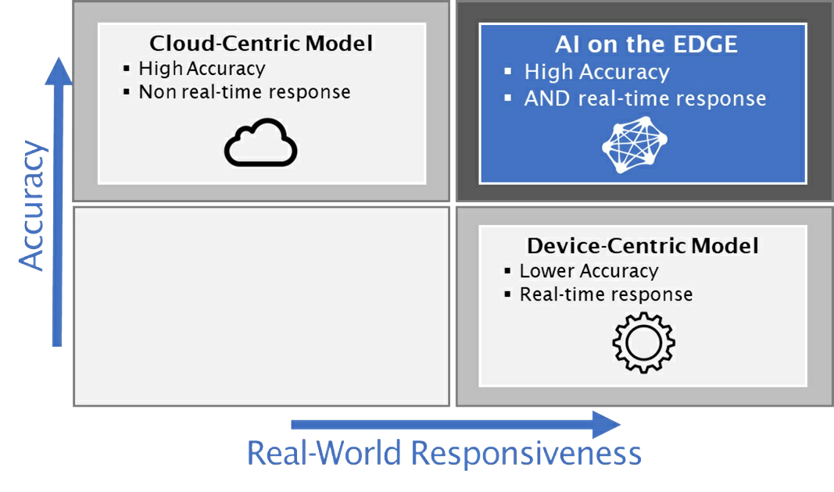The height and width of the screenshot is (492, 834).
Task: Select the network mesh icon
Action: pos(635,145)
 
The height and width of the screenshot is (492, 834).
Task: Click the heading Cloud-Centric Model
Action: pos(260,44)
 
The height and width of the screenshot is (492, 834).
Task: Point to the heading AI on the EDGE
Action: pos(646,45)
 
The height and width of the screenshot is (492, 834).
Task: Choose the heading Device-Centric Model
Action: pos(643,246)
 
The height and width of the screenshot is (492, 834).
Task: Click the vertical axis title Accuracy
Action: pos(32,205)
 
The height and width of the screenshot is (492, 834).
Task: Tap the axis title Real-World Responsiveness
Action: pos(444,453)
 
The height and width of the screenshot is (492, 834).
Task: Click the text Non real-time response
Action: pos(245,92)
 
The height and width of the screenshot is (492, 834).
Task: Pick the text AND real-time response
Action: pos(645,99)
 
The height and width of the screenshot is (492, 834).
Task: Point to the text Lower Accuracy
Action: pos(589,271)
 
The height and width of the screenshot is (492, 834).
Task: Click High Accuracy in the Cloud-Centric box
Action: pos(202,69)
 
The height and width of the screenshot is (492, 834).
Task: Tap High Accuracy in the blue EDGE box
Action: pos(597,73)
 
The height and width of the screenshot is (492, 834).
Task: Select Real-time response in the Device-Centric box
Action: pos(606,294)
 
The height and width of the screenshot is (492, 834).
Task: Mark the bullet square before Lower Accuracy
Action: pos(507,271)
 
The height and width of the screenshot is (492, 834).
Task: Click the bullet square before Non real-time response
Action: pos(126,92)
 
